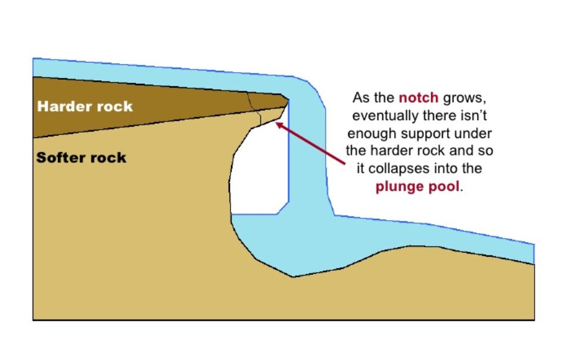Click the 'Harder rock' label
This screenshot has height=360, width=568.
[85, 107]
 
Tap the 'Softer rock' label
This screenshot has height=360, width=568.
[81, 158]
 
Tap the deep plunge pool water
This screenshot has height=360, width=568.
[286, 244]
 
